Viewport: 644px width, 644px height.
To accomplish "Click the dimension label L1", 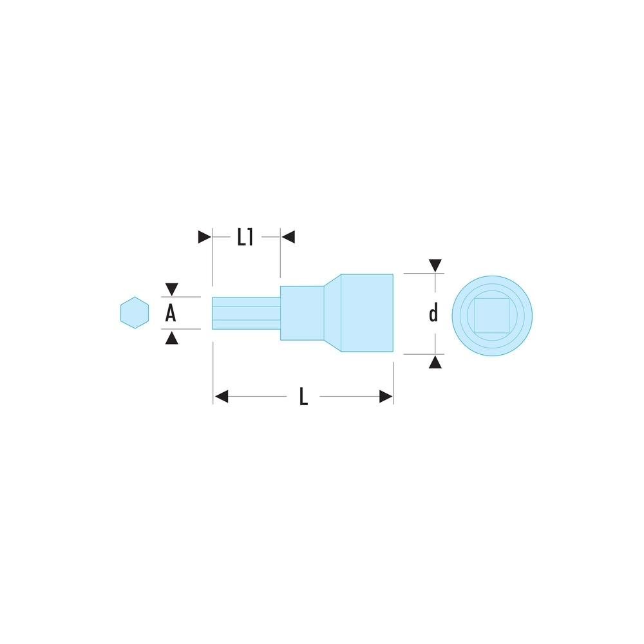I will click(245, 238).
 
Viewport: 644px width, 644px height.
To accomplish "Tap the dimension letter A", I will click(171, 314).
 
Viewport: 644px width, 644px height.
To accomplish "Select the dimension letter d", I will click(434, 314).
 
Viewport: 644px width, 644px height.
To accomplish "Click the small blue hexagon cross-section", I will click(134, 313).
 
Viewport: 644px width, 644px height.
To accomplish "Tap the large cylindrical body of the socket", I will click(366, 313).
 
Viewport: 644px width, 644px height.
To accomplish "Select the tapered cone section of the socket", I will click(332, 313).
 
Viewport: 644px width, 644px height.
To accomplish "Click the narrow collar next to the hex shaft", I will click(301, 313).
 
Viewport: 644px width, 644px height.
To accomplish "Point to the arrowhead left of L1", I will click(204, 237).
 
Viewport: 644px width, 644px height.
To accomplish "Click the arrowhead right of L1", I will click(288, 237).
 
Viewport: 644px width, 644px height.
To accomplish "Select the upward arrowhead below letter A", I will click(171, 338).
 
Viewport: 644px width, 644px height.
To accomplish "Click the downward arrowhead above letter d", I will click(435, 265).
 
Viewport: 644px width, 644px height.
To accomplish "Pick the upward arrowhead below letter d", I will click(435, 363).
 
